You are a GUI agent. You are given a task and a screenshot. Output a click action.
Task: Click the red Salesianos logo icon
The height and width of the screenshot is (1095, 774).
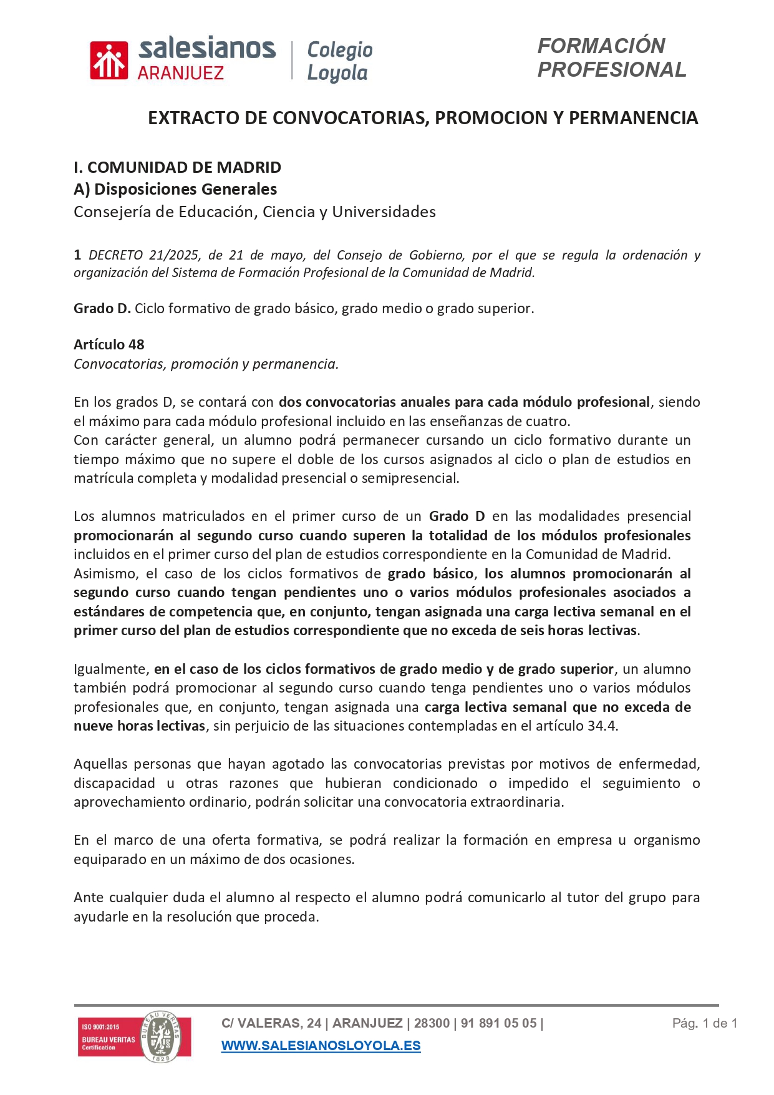click(109, 61)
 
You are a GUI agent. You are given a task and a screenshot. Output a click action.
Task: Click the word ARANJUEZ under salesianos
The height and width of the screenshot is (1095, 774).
click(180, 74)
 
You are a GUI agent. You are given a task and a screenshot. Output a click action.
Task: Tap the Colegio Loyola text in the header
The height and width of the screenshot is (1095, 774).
click(339, 61)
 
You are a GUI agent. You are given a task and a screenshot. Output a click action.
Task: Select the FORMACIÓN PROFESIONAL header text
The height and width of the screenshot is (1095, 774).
click(611, 57)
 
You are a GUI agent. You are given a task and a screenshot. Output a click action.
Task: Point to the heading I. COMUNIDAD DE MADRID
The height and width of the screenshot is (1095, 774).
click(177, 167)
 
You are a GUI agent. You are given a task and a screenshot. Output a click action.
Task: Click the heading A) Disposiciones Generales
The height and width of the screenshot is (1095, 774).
click(175, 189)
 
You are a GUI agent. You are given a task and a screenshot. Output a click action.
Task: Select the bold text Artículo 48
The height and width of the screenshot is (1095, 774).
click(109, 344)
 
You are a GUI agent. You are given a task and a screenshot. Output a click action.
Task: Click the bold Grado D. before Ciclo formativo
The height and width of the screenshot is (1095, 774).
click(102, 308)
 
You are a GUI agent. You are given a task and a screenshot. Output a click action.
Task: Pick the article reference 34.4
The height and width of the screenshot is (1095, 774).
click(602, 726)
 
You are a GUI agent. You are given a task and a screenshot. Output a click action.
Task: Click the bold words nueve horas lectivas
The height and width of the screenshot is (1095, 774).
click(139, 726)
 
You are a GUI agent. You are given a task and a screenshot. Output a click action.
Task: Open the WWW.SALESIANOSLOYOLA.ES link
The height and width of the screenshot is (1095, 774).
click(321, 1046)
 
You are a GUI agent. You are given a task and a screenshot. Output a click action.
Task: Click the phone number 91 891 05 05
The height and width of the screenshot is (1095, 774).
click(498, 1023)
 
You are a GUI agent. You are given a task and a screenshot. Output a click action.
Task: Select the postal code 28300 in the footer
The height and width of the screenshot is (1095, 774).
click(432, 1023)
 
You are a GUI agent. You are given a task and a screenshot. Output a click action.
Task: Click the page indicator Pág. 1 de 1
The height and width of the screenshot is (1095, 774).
click(704, 1023)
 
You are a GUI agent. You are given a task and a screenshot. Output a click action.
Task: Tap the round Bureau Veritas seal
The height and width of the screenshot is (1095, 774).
click(161, 1036)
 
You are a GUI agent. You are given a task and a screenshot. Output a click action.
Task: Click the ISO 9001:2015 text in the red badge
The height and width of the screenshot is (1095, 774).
click(100, 1026)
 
